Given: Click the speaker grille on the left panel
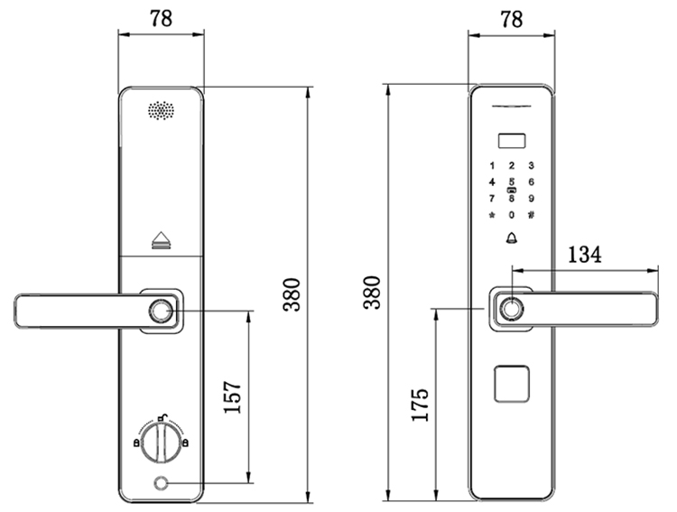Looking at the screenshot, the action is pos(162,110).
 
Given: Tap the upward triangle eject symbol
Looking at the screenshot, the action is pos(162,240).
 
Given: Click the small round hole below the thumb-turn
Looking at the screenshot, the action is pos(162,483).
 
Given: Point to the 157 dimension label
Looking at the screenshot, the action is pos(232,397).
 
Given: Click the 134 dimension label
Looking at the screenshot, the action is pos(584,254).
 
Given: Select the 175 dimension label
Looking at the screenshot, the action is pos(420,405).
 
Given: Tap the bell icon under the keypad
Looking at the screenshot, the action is pos(512,237).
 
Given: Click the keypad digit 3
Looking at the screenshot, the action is pos(531,165).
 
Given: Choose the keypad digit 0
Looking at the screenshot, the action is pos(512,215).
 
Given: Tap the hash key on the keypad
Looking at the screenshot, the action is pos(531,214).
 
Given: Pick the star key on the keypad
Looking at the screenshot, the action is pos(492,215).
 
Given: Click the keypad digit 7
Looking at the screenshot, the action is pos(492,199).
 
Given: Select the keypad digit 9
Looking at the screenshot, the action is pos(531,199).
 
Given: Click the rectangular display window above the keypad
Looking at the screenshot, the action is pos(512,141).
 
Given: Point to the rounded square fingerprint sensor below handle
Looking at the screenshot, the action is pos(512,384).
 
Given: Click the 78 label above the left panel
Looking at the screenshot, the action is pos(161,19).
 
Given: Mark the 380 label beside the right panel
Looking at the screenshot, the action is pos(372,292).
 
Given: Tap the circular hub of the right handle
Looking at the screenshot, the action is pos(512,309).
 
